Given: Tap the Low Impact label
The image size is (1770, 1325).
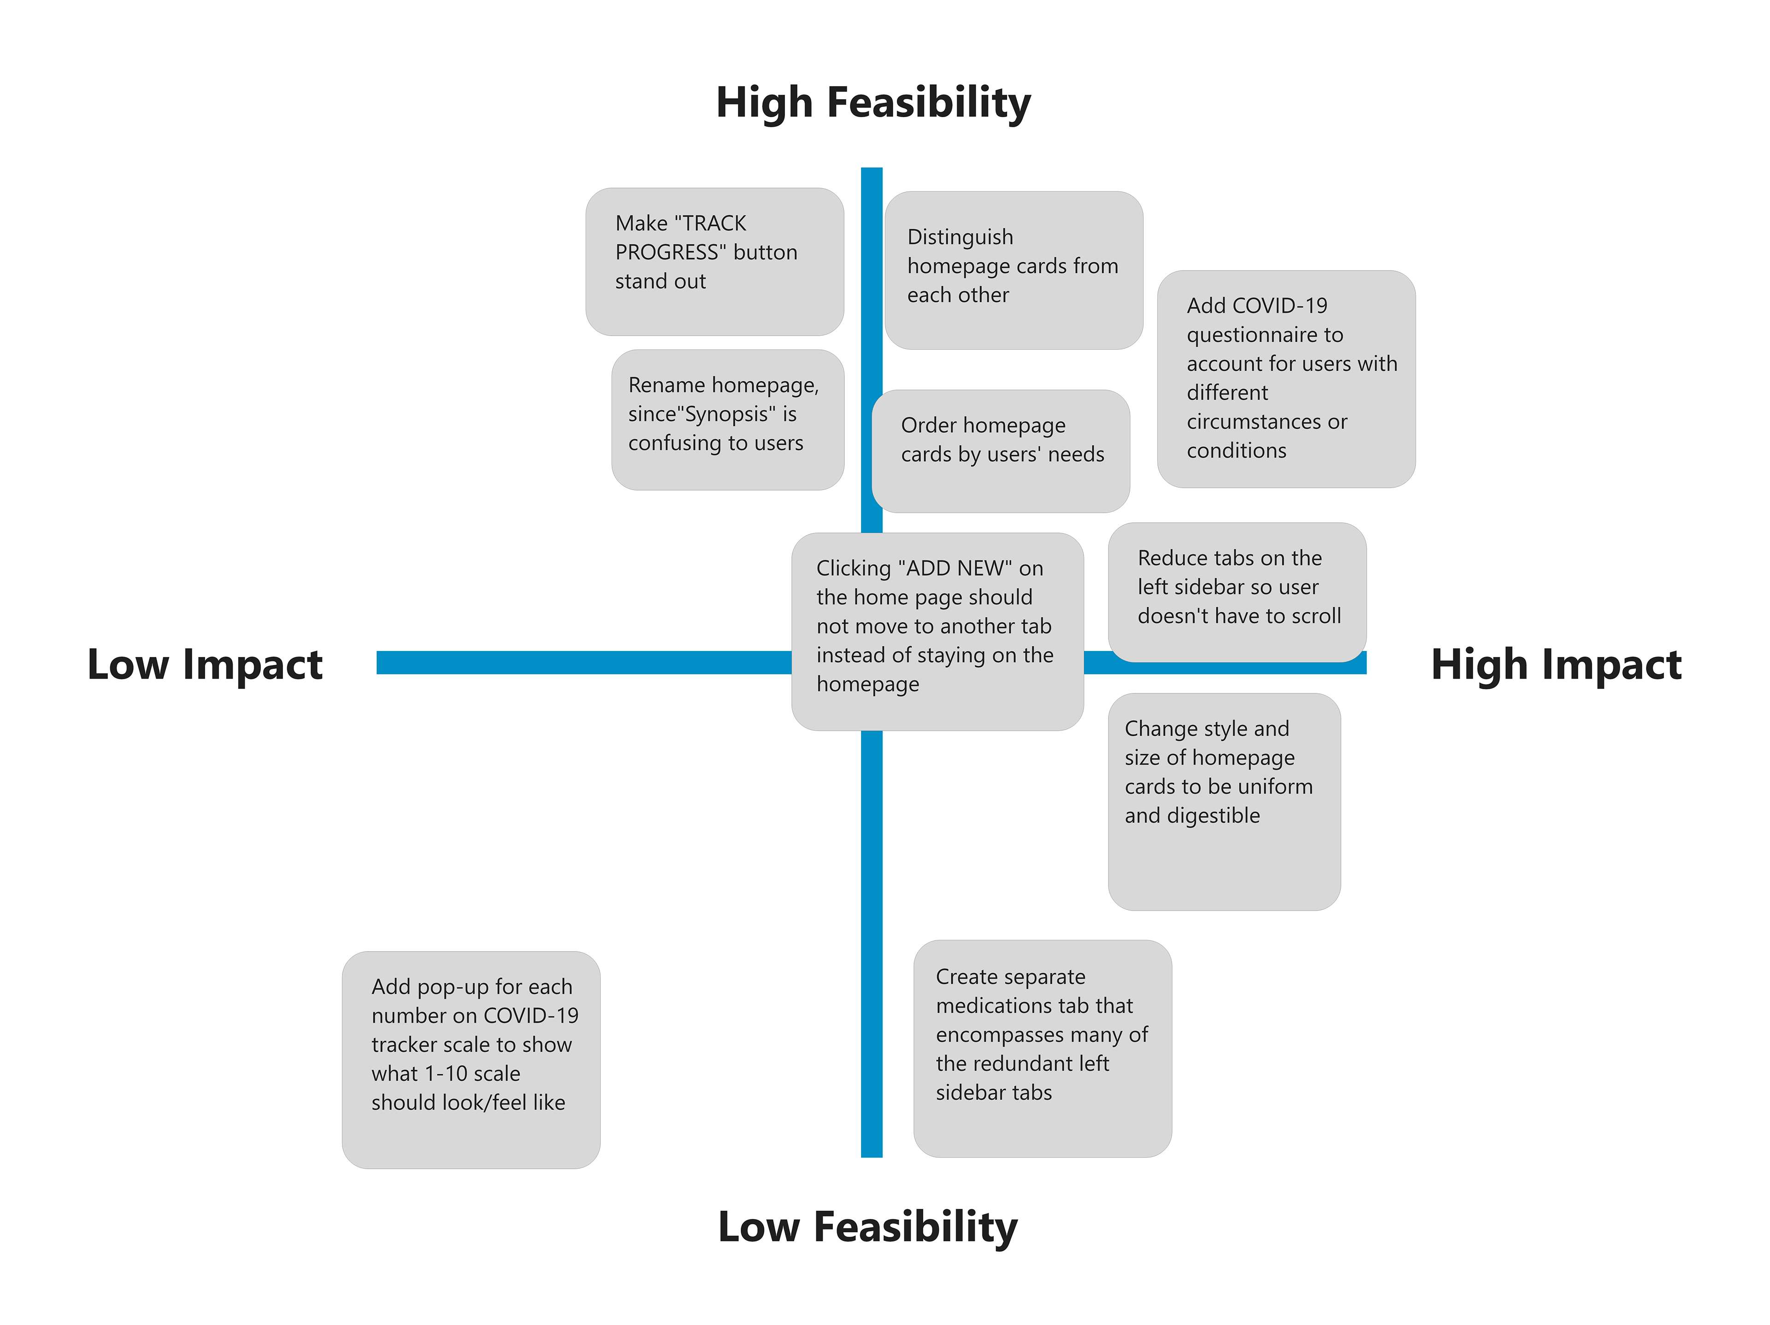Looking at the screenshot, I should pos(204,664).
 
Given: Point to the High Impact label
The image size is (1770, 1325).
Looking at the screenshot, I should pos(1556,664).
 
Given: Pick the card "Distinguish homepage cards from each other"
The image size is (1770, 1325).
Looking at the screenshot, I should pos(1013,270).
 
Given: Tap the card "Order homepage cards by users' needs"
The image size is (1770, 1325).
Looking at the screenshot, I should pos(1000,450).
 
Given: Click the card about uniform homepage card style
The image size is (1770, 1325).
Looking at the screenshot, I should pos(1223,801).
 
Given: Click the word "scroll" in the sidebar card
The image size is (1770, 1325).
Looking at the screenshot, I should pos(1309,616).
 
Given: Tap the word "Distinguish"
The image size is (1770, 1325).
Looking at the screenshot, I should pos(959,237).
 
